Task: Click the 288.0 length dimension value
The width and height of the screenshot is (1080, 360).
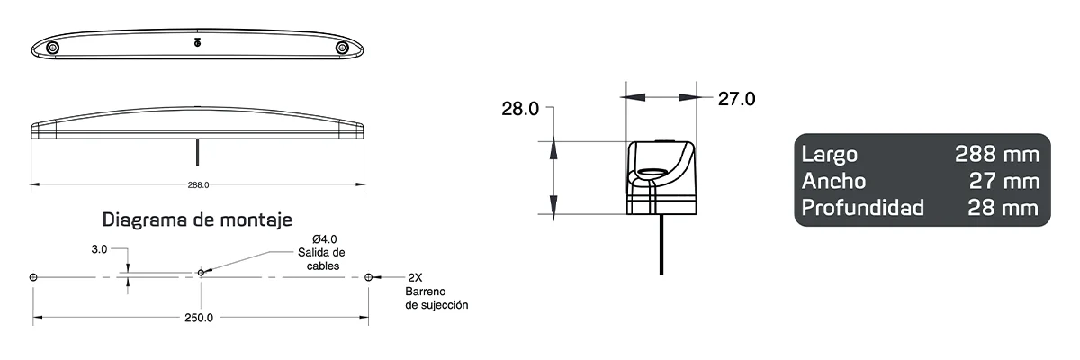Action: tap(198, 185)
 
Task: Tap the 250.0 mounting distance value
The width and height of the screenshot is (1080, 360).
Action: tap(198, 318)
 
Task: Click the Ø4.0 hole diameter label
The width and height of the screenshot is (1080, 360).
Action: tap(321, 238)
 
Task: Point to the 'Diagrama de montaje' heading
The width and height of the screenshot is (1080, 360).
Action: tap(197, 220)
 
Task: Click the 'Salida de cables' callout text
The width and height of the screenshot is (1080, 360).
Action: tap(321, 259)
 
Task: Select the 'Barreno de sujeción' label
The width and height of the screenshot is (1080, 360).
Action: tap(436, 299)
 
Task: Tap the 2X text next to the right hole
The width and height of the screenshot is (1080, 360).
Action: tap(415, 277)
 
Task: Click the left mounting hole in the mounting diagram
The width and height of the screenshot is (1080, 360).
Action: tap(33, 277)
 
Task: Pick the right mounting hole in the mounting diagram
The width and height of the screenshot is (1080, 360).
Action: tap(368, 277)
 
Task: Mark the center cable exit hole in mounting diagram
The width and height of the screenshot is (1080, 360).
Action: tap(200, 273)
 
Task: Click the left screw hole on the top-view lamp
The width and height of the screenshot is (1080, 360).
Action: tap(54, 47)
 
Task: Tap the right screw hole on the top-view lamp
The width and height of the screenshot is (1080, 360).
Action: tap(342, 47)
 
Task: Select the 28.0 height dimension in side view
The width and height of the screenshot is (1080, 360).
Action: tap(520, 110)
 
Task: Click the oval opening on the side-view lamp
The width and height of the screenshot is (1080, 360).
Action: tap(655, 174)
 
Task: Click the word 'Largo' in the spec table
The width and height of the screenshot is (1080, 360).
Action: tap(829, 155)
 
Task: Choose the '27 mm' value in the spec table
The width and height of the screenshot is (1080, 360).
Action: tap(1003, 182)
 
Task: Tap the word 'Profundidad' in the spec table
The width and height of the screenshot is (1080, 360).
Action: tap(862, 209)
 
